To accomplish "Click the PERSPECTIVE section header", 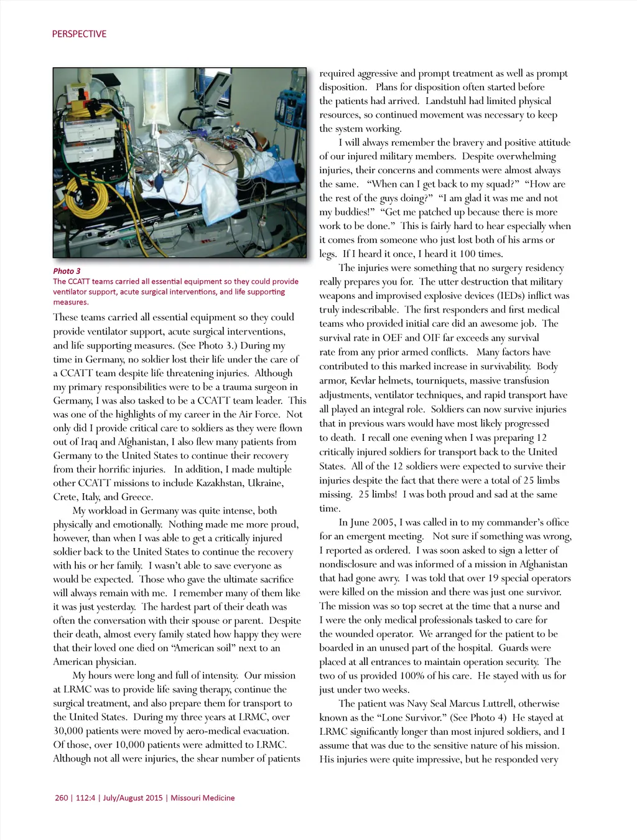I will click(x=79, y=34).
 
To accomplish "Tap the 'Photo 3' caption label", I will click(x=67, y=271).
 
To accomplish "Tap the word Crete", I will click(x=65, y=497).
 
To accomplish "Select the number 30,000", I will click(x=68, y=730).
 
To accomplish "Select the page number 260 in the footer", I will click(x=62, y=798).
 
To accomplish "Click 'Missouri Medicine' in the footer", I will click(x=203, y=798).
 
